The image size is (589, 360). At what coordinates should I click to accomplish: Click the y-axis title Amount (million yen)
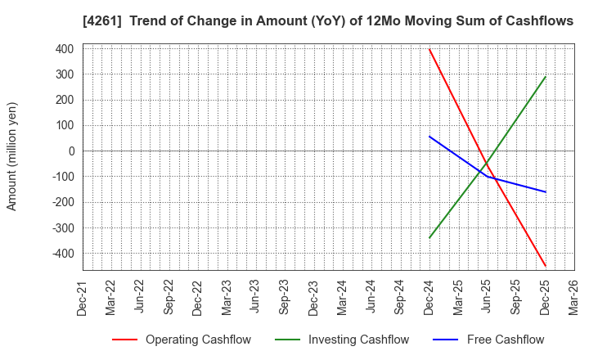point(12,156)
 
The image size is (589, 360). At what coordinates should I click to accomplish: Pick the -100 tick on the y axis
point(63,177)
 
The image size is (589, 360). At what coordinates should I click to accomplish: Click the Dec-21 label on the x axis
point(82,297)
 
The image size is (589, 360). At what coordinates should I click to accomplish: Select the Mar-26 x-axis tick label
point(573,297)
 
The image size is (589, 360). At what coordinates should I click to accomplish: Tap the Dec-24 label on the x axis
point(429,297)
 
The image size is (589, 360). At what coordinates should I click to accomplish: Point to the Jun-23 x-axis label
point(255,297)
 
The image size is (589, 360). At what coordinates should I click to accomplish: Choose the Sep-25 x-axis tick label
point(516,297)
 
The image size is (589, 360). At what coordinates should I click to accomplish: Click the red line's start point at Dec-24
point(429,49)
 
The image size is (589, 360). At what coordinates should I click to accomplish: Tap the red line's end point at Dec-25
point(545,266)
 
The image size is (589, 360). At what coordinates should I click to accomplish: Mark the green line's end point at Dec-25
point(545,77)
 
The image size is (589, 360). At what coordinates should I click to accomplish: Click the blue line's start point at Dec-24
point(429,137)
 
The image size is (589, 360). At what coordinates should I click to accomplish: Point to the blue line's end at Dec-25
point(545,192)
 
